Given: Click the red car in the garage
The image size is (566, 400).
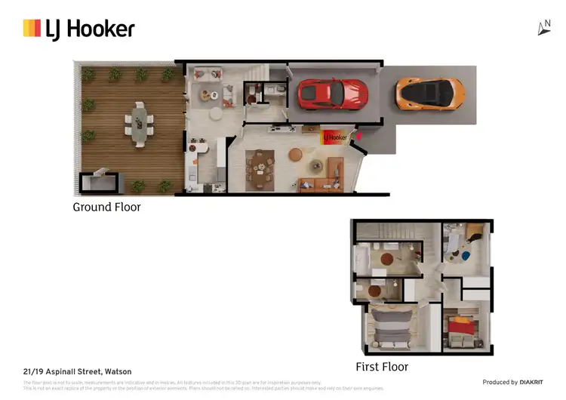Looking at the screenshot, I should [x=333, y=93].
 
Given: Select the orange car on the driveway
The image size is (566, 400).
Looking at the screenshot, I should [x=429, y=93].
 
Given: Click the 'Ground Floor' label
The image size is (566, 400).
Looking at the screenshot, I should [x=106, y=206].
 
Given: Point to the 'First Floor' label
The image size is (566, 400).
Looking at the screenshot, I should [x=382, y=367].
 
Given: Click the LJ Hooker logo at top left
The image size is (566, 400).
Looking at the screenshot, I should [x=78, y=29].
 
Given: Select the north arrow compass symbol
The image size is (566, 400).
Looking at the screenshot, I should [x=544, y=28].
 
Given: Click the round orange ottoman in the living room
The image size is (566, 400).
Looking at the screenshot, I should [x=295, y=155].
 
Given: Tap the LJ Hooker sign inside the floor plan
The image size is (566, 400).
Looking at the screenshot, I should [x=334, y=137].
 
